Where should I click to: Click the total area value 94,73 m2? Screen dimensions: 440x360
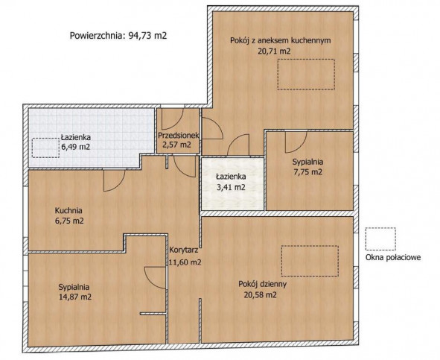[x=147, y=36]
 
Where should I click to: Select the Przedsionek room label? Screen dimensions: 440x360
[x=179, y=136]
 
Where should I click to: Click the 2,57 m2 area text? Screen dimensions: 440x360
[x=176, y=145]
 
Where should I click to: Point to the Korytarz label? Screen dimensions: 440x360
[x=184, y=250]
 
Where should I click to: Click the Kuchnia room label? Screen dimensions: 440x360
[x=68, y=210]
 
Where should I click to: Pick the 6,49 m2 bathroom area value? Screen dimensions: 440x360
[x=76, y=147]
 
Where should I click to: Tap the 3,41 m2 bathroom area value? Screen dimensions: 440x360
[x=231, y=187]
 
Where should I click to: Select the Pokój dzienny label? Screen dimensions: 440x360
[x=262, y=284]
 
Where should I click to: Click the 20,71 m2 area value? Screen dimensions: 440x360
[x=274, y=51]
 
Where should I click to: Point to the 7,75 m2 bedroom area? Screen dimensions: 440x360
[x=307, y=172]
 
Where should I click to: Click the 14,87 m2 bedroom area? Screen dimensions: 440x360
[x=75, y=297]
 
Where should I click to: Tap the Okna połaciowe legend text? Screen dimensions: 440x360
[x=393, y=257]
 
